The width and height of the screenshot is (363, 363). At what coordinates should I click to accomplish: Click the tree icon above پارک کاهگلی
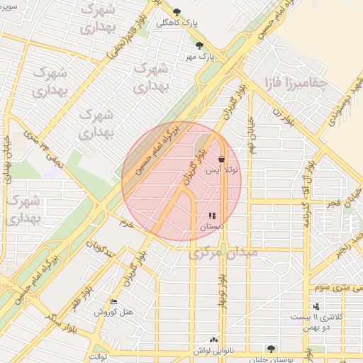point(177,12)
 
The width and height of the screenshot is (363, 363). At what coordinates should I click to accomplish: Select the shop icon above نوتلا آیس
point(222,159)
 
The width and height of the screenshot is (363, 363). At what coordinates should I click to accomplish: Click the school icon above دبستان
point(212,216)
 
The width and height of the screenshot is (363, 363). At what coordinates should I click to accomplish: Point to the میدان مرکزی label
point(224,252)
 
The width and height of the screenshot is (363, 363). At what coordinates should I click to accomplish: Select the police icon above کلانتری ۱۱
point(316,306)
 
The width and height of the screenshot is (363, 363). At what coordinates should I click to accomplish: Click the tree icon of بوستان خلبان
point(270,348)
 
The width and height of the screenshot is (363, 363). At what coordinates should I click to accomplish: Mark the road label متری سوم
point(335,286)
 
